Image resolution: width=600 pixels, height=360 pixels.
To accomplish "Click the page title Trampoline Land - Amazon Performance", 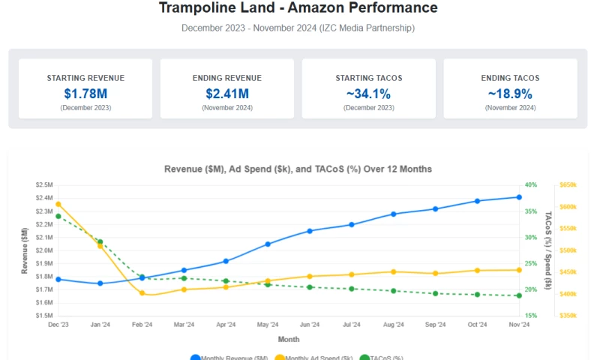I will (x=298, y=8).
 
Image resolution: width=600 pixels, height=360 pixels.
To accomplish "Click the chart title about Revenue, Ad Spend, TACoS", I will (x=298, y=169).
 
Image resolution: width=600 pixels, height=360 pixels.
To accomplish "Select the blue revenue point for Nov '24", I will (x=519, y=197).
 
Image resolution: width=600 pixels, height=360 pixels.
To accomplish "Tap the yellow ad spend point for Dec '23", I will (x=58, y=204).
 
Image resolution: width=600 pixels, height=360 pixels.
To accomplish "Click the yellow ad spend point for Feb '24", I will (x=142, y=293).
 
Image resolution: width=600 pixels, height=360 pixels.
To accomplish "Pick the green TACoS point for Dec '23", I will (x=58, y=216).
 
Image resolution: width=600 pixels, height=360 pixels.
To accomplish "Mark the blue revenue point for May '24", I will (x=268, y=244).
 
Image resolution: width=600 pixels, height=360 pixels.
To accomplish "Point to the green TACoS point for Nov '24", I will (x=519, y=295).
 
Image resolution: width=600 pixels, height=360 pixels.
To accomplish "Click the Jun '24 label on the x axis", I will (x=310, y=325).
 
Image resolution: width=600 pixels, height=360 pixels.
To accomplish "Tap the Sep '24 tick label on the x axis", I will (x=435, y=325).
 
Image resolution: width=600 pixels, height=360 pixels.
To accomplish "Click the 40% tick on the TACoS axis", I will (x=531, y=184).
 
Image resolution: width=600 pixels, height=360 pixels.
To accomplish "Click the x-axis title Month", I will (x=289, y=339).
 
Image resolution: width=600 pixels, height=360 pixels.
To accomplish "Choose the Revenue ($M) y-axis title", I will (x=25, y=250).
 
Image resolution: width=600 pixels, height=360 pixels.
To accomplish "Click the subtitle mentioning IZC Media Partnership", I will (x=298, y=28).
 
